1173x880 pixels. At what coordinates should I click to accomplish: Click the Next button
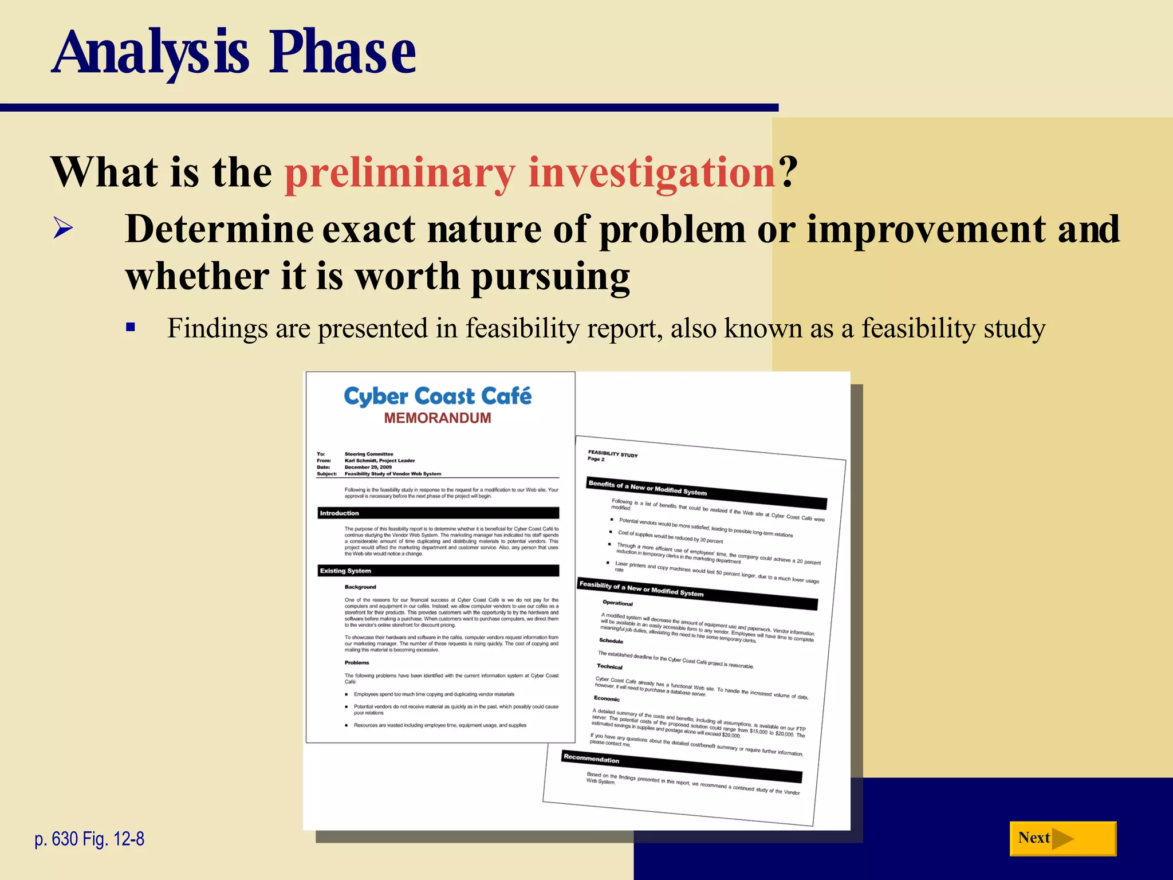point(1062,838)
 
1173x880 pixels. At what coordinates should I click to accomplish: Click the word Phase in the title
point(343,53)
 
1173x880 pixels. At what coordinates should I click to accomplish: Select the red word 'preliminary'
point(400,172)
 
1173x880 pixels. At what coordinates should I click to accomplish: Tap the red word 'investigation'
point(652,172)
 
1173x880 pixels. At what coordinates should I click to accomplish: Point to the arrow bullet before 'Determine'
point(63,229)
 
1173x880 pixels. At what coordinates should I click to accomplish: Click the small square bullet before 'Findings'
point(131,328)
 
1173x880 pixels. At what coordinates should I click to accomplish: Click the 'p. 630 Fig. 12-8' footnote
point(89,839)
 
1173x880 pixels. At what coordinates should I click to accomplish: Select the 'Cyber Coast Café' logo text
point(438,396)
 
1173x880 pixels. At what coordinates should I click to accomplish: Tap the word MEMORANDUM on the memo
point(438,418)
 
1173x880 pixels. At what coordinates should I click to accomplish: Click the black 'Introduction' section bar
point(438,513)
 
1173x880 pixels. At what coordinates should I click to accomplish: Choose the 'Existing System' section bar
point(438,571)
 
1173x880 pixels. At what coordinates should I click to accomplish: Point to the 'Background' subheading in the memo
point(360,587)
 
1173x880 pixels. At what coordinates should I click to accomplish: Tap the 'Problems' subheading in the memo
point(357,662)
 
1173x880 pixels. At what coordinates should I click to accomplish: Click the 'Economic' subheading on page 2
point(607,698)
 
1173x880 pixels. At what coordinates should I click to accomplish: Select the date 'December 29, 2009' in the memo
point(368,467)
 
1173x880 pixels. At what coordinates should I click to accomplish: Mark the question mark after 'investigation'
point(788,172)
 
